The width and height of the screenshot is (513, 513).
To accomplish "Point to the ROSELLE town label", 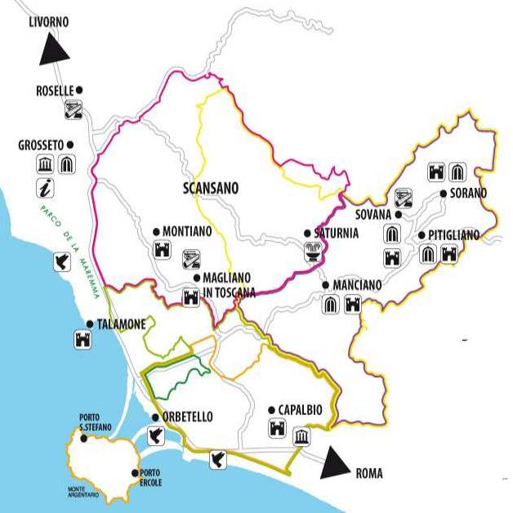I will [x=54, y=91].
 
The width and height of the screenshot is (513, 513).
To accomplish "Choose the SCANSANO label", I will [x=211, y=188].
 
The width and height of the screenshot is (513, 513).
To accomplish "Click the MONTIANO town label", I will [x=187, y=231].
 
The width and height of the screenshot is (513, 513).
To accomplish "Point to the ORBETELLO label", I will [x=187, y=417].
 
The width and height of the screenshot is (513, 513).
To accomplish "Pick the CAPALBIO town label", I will [x=299, y=410].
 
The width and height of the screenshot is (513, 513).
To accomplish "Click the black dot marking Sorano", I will [x=443, y=194].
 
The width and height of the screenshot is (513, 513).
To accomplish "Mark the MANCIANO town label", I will [x=357, y=286].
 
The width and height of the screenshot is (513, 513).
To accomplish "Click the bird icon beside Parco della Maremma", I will [x=61, y=261].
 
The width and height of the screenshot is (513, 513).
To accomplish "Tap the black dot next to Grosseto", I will [x=70, y=145].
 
